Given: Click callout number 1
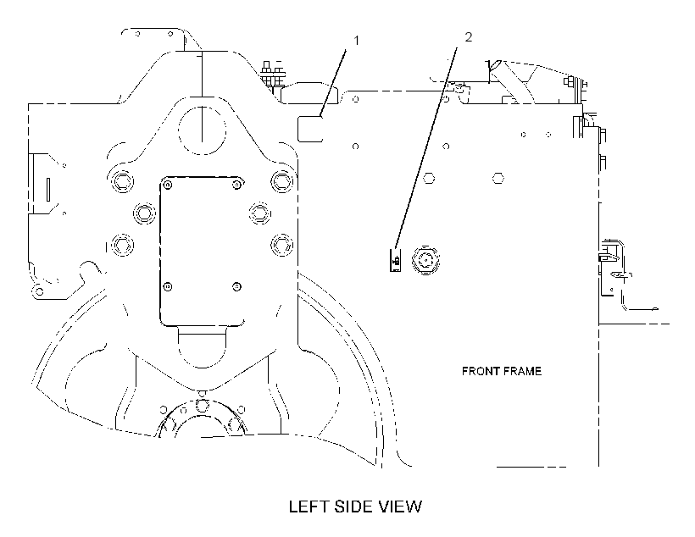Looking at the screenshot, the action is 356,41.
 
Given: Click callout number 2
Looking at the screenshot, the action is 469,37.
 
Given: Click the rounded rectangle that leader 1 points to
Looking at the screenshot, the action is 310,129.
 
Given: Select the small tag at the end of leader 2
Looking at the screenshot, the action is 395,260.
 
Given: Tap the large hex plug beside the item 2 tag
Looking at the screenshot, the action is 426,260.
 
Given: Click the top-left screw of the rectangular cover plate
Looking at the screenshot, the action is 168,185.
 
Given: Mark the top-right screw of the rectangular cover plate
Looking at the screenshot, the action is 237,185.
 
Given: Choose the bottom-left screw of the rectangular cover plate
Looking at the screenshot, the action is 168,286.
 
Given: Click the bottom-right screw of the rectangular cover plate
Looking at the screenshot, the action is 237,286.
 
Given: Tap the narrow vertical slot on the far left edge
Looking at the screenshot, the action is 48,189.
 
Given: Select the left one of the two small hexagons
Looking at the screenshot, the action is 429,179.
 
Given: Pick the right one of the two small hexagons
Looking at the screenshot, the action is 498,179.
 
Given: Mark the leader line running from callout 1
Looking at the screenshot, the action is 333,84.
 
